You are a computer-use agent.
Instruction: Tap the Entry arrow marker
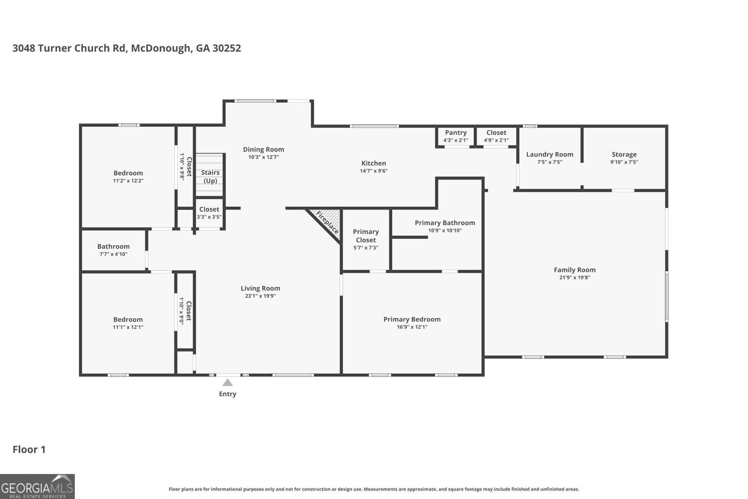[x=228, y=383]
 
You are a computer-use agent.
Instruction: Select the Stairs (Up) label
[x=210, y=176]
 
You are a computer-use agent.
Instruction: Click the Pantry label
[x=455, y=133]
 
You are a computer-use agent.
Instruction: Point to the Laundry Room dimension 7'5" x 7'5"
[x=550, y=162]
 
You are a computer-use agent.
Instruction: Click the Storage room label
[x=624, y=154]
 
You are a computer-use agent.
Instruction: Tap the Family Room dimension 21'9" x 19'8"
[x=575, y=277]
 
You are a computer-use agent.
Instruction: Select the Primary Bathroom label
[x=445, y=223]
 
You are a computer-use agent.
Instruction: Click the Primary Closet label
[x=366, y=236]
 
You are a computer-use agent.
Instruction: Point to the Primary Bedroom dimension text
[x=412, y=327]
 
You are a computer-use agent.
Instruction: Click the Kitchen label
[x=374, y=163]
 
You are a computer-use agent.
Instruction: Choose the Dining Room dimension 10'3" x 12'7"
[x=263, y=157]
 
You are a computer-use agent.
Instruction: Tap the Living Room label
[x=260, y=288]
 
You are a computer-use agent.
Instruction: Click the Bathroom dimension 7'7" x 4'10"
[x=113, y=254]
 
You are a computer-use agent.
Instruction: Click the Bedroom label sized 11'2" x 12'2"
[x=128, y=173]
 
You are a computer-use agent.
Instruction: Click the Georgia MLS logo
[x=37, y=486]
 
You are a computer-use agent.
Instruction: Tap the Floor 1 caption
[x=29, y=449]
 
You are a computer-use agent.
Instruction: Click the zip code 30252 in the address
[x=227, y=48]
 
